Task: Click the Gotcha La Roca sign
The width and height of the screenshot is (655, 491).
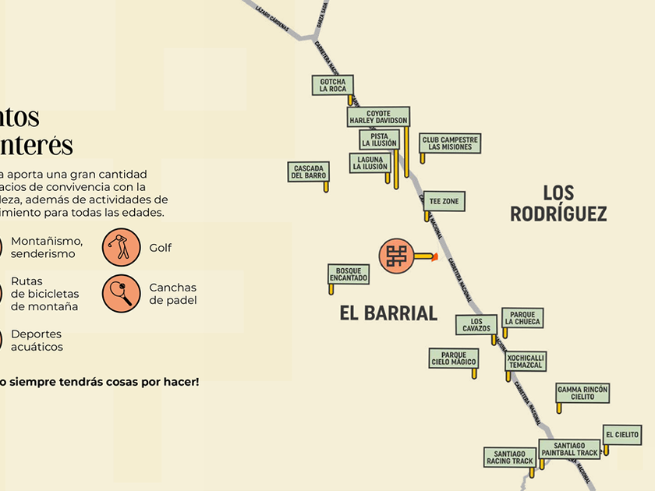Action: pyautogui.click(x=333, y=85)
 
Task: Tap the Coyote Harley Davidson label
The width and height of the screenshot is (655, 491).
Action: pyautogui.click(x=378, y=117)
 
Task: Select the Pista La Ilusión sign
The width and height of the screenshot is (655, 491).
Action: pyautogui.click(x=379, y=140)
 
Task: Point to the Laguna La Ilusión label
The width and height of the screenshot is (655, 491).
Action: pyautogui.click(x=370, y=162)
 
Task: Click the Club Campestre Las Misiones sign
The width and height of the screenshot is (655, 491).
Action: pyautogui.click(x=450, y=143)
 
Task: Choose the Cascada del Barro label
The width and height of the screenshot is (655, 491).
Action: pyautogui.click(x=309, y=171)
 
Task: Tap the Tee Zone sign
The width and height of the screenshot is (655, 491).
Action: pyautogui.click(x=444, y=201)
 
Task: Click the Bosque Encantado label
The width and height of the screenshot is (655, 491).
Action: pyautogui.click(x=348, y=274)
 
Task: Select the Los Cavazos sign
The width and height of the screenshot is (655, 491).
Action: pyautogui.click(x=476, y=324)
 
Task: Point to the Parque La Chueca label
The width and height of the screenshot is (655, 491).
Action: pyautogui.click(x=522, y=318)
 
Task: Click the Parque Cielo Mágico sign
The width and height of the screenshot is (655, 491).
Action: pyautogui.click(x=454, y=358)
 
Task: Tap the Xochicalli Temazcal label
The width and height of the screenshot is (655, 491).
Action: pyautogui.click(x=526, y=362)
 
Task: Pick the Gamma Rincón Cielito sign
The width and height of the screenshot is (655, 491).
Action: pyautogui.click(x=582, y=393)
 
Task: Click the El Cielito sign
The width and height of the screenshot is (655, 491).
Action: pyautogui.click(x=622, y=435)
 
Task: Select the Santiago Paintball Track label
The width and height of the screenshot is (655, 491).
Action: pyautogui.click(x=569, y=449)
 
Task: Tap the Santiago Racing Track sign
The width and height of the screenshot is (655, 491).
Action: pyautogui.click(x=510, y=457)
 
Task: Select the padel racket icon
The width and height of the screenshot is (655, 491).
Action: pyautogui.click(x=121, y=294)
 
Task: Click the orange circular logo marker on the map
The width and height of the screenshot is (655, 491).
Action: pyautogui.click(x=397, y=256)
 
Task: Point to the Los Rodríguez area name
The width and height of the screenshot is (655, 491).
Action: pyautogui.click(x=558, y=203)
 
